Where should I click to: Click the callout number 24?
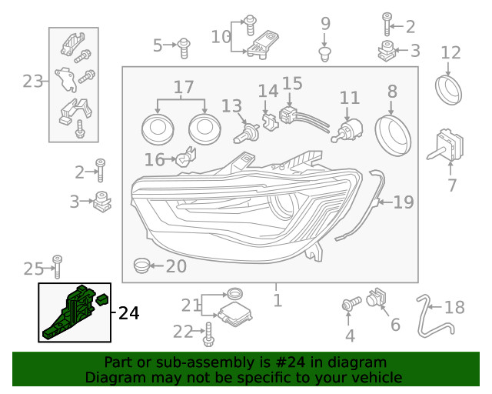click(129, 313)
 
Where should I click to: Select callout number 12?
click(450, 53)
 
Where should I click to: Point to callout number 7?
click(451, 185)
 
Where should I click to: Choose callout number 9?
click(324, 23)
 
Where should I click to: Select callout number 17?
click(183, 88)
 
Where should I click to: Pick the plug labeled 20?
click(141, 266)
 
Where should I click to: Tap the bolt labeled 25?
click(57, 265)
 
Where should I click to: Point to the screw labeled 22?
click(208, 334)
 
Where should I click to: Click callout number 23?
click(32, 81)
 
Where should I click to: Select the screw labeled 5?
click(184, 48)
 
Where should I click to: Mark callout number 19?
click(404, 202)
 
